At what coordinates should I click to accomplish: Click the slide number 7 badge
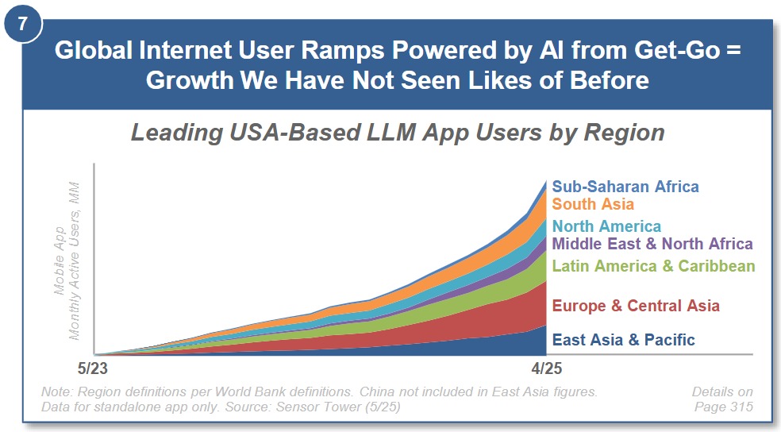(22, 23)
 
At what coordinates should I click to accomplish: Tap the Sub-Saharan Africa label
(625, 187)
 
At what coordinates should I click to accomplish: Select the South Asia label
(593, 204)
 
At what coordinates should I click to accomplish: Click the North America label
(606, 226)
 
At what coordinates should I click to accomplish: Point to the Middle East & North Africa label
(652, 244)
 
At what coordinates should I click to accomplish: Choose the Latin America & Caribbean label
(653, 266)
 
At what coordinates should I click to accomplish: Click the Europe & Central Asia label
(636, 306)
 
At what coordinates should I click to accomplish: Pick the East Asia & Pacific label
(624, 340)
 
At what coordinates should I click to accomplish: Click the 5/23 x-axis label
(93, 368)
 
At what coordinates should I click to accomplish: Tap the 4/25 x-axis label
(546, 368)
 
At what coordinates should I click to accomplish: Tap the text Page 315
(724, 407)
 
